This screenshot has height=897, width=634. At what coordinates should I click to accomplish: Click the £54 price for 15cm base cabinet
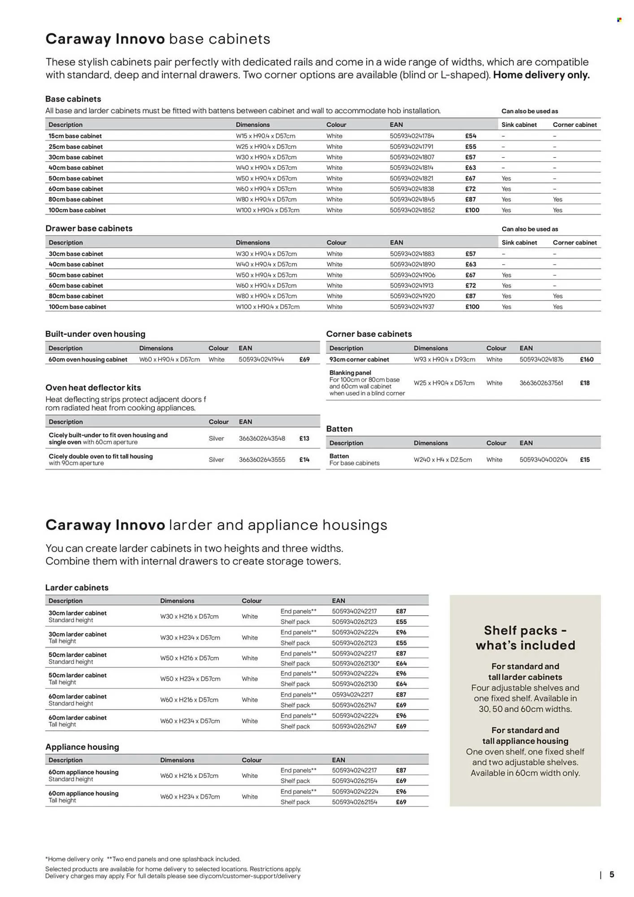470,136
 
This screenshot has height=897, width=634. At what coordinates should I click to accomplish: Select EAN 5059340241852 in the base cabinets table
412,210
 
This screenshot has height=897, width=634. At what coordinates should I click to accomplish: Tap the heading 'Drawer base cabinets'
89,228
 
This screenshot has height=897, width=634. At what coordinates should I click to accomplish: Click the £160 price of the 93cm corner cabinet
586,359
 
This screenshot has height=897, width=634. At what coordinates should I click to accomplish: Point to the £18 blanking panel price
585,383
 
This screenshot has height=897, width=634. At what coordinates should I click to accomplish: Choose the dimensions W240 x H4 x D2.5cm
443,460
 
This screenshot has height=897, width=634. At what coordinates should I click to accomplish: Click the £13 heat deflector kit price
304,439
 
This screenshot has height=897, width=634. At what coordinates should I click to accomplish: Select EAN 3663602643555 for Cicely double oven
262,460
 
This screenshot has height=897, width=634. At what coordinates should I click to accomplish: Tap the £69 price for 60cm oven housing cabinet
304,359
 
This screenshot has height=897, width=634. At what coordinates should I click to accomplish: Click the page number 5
612,875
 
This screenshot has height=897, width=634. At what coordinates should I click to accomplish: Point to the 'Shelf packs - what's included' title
525,638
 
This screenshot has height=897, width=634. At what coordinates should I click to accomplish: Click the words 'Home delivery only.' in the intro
541,75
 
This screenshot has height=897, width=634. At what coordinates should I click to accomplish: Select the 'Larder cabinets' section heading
77,588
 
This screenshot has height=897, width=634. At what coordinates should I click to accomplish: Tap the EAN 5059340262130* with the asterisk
356,663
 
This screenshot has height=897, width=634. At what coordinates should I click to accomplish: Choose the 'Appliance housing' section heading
82,747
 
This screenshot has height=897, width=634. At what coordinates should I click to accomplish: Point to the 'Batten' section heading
339,429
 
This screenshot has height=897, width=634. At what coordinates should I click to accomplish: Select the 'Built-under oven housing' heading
95,334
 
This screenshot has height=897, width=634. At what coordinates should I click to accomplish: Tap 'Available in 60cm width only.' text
525,773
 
